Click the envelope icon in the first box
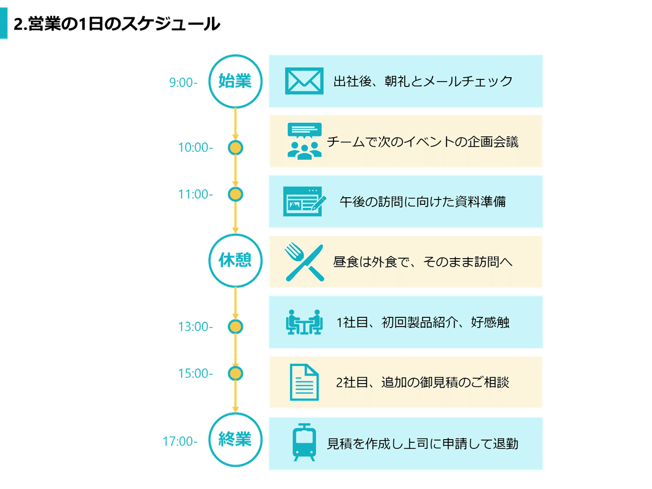coord(304,81)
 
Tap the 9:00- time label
coord(183,83)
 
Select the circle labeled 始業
coord(235,81)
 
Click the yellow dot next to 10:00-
coord(235,147)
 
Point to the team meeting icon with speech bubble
coord(304,141)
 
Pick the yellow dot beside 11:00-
coord(235,195)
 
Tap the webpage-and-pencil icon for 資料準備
coord(304,201)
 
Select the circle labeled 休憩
coord(235,261)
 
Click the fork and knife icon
coord(304,262)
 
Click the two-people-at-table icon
coord(304,322)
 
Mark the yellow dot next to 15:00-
coord(235,374)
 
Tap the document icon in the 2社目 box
coord(304,383)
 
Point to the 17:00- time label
coord(180,442)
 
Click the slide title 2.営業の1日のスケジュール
coord(117,24)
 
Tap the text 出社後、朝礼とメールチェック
coord(423,81)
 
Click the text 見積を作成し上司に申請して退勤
coord(422,444)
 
